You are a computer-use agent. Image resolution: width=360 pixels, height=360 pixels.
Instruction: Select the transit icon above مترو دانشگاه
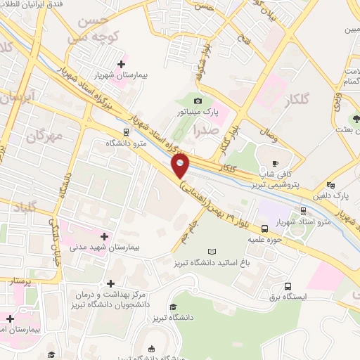(125, 131)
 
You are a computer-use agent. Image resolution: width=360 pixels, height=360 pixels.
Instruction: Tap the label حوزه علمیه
(265, 239)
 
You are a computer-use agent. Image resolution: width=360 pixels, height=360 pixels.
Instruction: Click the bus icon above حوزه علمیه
(264, 229)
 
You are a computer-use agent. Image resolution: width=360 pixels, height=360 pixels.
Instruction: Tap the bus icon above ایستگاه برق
(288, 286)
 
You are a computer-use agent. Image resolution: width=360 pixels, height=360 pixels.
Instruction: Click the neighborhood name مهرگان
(44, 135)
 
